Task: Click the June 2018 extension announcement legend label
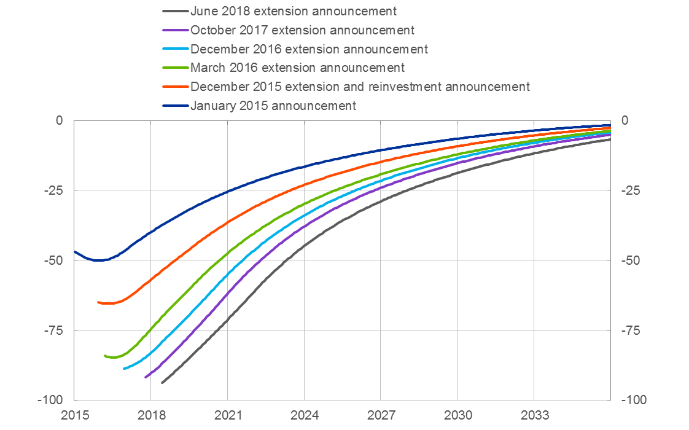pos(294,11)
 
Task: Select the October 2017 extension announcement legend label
pos(302,30)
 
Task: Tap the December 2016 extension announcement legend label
pos(309,49)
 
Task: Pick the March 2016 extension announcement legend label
pos(297,68)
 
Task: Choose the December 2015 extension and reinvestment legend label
pos(360,87)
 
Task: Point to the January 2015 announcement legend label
pos(273,106)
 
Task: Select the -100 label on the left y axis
pos(53,401)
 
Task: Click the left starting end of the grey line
pos(162,382)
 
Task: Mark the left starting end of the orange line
pos(98,302)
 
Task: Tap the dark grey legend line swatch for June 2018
pos(176,11)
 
